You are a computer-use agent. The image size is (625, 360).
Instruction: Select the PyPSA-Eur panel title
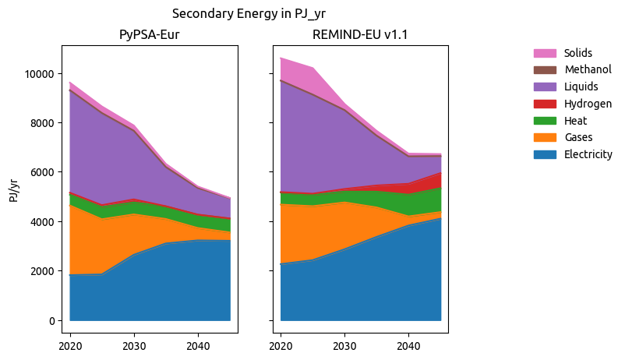150,35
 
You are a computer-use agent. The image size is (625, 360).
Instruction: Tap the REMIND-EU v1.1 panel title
359,35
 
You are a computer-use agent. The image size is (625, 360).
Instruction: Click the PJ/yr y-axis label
14,189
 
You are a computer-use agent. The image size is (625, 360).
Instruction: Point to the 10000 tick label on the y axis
37,74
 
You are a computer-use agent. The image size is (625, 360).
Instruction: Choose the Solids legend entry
578,53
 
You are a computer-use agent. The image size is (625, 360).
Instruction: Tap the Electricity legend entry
588,154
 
